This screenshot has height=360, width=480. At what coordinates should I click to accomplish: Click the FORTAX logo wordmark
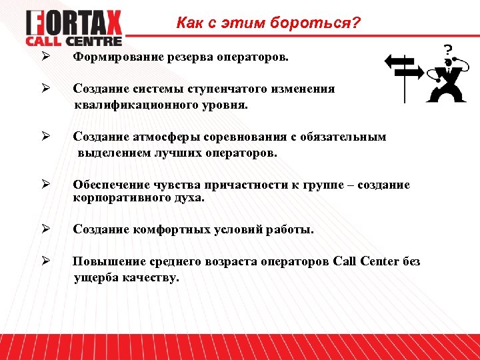click(x=74, y=24)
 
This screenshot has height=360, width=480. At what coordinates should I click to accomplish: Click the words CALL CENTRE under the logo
click(x=74, y=41)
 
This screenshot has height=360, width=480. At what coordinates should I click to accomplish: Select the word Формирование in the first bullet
click(x=111, y=57)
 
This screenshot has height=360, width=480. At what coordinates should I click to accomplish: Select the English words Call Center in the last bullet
click(x=365, y=261)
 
